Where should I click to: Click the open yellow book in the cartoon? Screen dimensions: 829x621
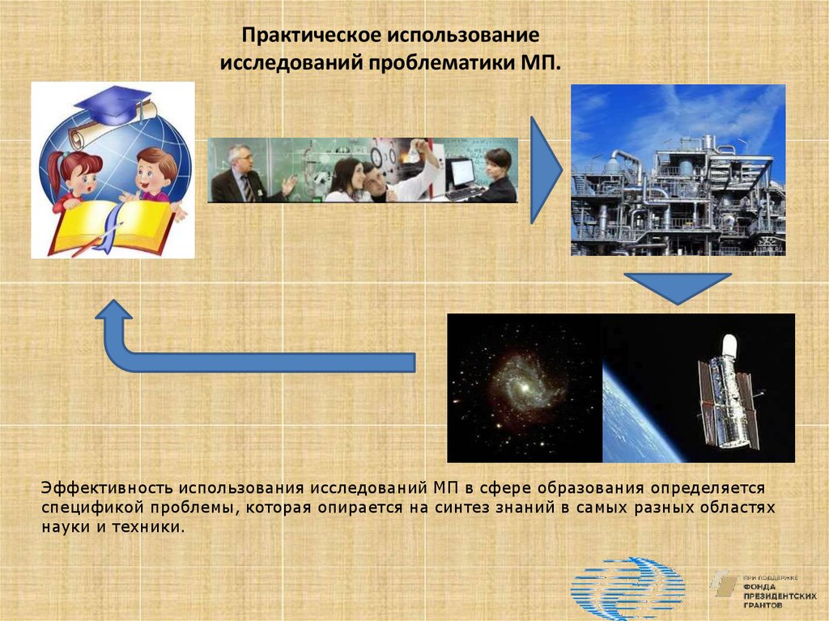coord(113,227)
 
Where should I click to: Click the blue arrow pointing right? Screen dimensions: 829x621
coord(546,169)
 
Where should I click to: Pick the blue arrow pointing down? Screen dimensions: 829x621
coord(678,288)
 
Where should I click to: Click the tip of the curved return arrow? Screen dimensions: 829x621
coord(113,300)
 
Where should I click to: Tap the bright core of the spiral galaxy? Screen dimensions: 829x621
coord(524,388)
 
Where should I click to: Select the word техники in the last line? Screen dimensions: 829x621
coord(149,527)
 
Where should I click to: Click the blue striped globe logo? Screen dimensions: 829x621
coord(627,587)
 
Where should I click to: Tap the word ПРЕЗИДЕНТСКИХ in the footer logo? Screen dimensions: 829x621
coord(780,596)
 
